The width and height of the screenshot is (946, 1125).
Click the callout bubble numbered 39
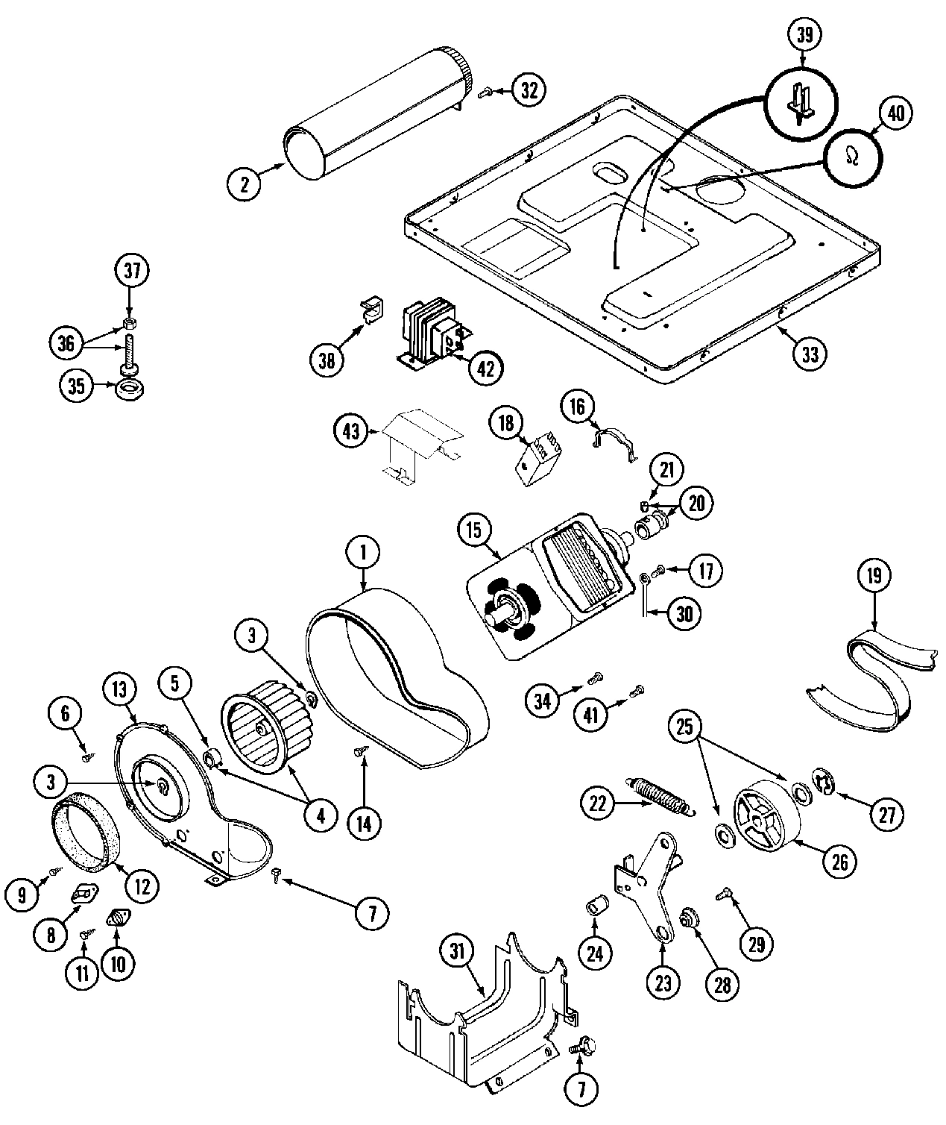point(804,35)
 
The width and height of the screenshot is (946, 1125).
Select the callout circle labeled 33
point(810,353)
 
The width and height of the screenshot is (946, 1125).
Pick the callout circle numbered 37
point(132,272)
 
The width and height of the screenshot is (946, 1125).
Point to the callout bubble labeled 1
point(363,553)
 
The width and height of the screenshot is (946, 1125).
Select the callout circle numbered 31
point(457,950)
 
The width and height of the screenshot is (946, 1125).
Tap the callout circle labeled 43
point(350,430)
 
